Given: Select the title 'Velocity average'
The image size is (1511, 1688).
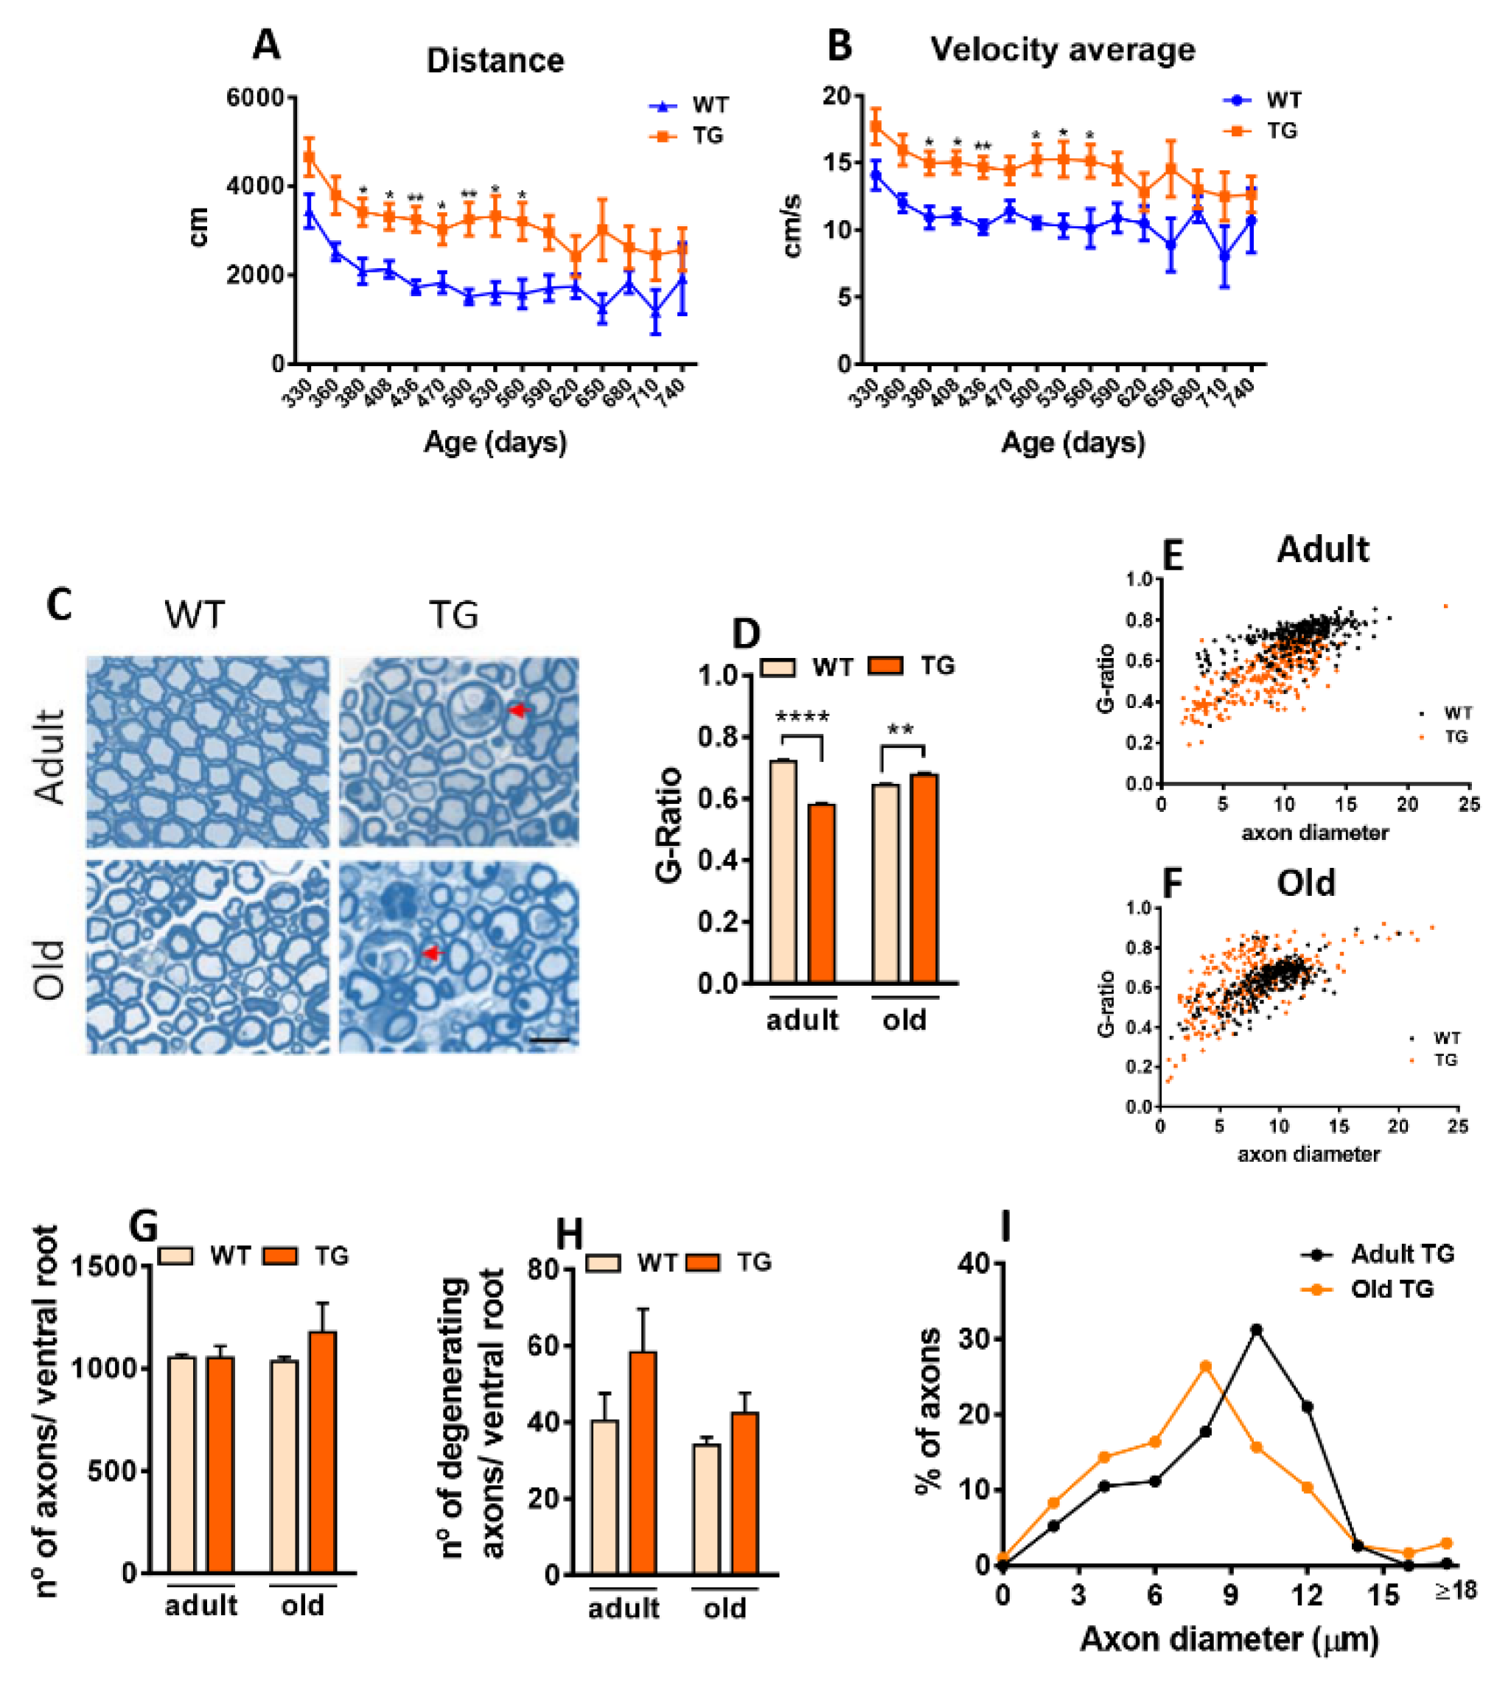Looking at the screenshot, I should [x=1062, y=50].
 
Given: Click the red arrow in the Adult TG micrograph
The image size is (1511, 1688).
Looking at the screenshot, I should [x=519, y=710].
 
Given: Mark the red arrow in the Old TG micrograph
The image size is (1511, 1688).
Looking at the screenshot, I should [x=430, y=953].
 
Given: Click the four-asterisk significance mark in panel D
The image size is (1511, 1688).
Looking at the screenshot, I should [x=802, y=717].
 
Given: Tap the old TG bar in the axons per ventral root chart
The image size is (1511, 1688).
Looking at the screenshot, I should [x=324, y=1451].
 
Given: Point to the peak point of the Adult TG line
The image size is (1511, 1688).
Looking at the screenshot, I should [x=1256, y=1329].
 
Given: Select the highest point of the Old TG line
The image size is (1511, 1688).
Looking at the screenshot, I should [x=1205, y=1366].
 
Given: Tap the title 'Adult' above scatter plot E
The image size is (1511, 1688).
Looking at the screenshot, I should [x=1322, y=550].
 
